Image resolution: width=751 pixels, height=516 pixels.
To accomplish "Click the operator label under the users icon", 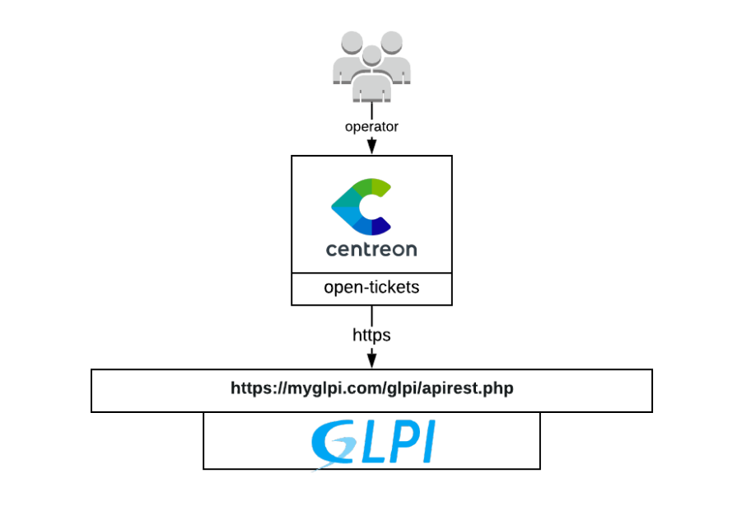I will click(371, 127).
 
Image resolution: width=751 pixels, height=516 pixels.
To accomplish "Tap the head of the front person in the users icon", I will click(372, 56).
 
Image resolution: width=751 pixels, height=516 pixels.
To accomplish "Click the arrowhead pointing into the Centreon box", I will click(371, 147).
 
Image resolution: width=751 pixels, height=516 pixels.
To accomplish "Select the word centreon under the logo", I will click(371, 248).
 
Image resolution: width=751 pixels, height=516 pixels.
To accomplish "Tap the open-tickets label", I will click(371, 288).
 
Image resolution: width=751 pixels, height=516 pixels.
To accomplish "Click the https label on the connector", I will click(371, 335).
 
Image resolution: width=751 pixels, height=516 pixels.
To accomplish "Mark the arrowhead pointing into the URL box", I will click(371, 360).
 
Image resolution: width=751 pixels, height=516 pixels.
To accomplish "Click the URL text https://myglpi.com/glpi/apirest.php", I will click(371, 387).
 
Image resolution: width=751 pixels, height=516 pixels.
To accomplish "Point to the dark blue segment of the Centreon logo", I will click(380, 226).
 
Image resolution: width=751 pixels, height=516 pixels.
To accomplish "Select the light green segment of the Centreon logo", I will click(380, 188).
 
